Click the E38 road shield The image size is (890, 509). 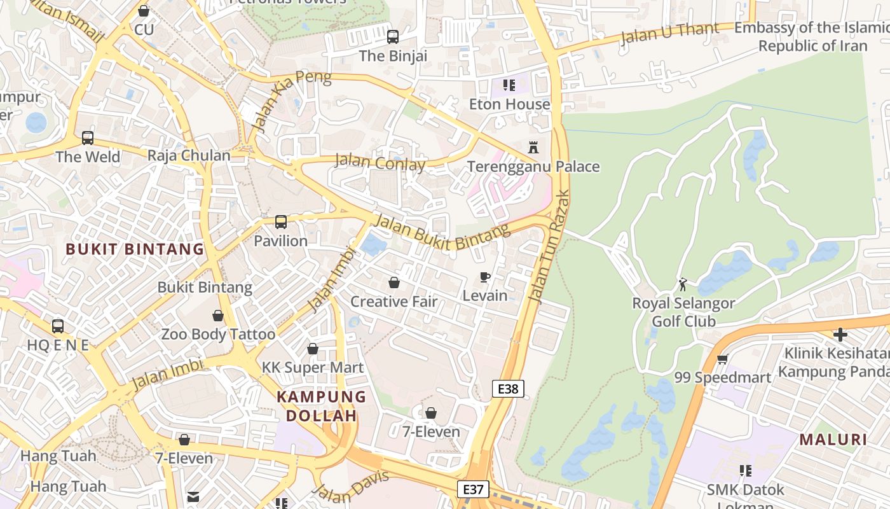(508, 389)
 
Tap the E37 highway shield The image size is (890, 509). (473, 489)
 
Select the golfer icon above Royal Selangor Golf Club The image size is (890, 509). (683, 284)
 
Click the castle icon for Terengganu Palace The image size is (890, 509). (533, 147)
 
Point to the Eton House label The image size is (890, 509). (509, 104)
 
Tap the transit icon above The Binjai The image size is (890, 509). (393, 36)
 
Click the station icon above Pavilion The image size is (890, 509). (280, 222)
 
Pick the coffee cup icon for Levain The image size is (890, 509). (484, 277)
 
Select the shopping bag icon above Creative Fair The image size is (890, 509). (394, 282)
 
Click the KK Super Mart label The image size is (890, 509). (313, 368)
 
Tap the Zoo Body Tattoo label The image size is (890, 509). (218, 334)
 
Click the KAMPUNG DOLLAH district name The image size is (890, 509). (321, 406)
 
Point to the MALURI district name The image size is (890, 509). (833, 439)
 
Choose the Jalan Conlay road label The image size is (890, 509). (380, 162)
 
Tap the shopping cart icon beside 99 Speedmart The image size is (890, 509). (722, 359)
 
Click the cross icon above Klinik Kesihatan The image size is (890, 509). (840, 334)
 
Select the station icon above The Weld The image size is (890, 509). (88, 137)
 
